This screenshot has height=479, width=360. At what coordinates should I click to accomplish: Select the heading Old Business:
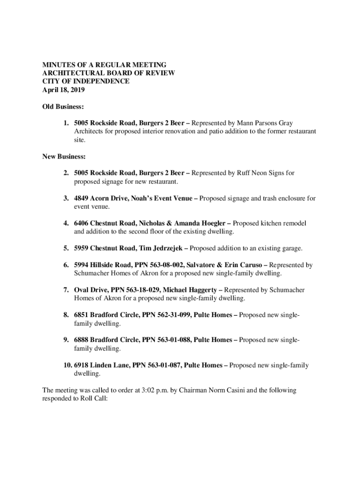pos(63,107)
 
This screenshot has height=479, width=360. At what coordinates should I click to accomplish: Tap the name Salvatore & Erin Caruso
pos(225,265)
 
